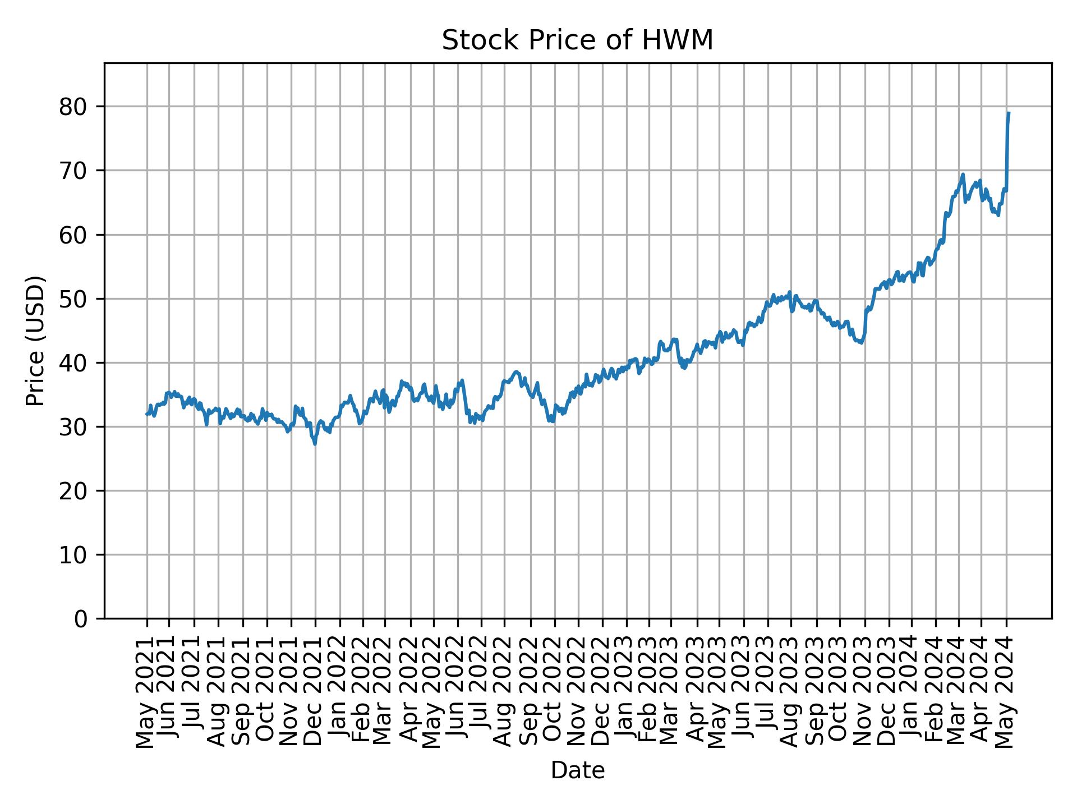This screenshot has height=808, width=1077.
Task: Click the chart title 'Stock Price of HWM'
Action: click(577, 40)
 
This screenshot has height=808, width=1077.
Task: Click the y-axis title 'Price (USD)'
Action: click(35, 341)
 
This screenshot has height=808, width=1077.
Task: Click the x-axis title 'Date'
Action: click(577, 770)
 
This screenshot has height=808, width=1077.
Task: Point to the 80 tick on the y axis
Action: click(73, 107)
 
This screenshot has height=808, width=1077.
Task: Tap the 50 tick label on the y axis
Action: click(73, 299)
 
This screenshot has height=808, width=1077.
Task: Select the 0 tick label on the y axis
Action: click(80, 618)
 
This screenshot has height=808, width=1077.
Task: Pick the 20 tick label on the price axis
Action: click(73, 490)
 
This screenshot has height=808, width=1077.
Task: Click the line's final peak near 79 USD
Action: click(1009, 113)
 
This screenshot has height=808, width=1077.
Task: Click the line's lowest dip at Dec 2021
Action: click(315, 444)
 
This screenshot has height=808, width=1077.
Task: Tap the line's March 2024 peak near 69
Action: click(963, 174)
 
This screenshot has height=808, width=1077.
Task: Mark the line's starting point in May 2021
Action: click(147, 414)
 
